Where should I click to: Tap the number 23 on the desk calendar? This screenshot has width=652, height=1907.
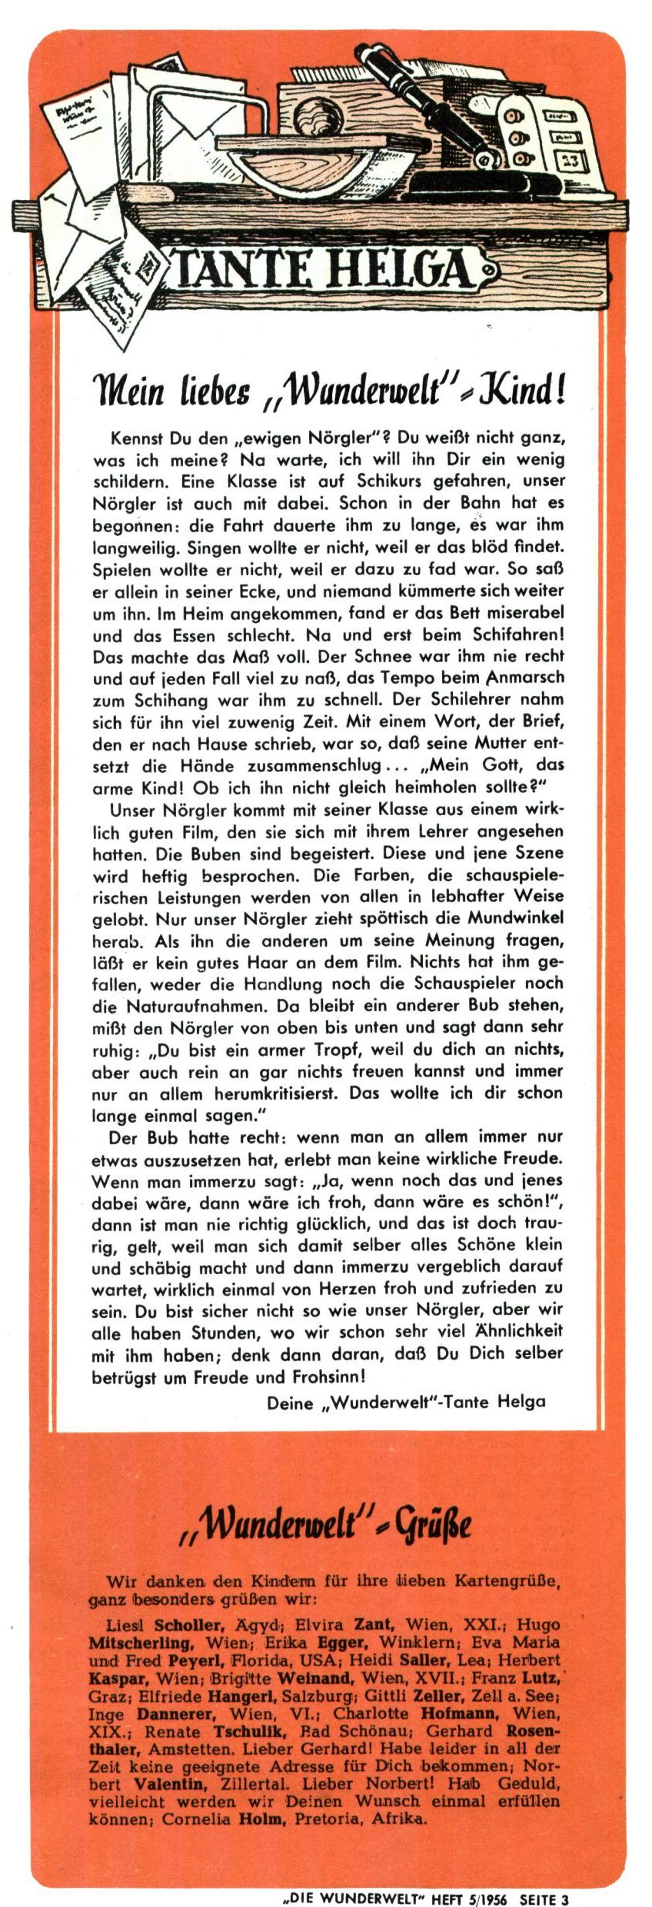(x=570, y=161)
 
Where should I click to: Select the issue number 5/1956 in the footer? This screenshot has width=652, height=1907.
(x=487, y=1899)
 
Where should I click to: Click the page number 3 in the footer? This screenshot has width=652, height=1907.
(x=565, y=1899)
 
